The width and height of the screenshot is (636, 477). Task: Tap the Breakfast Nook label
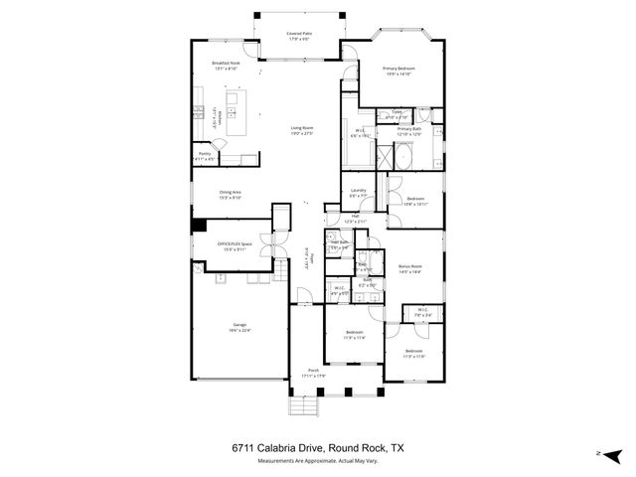[226, 66]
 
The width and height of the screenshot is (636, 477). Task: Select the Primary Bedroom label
[399, 70]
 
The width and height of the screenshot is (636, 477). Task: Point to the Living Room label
[302, 130]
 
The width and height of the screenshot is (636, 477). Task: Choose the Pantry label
[205, 156]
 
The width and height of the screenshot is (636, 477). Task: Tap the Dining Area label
[231, 194]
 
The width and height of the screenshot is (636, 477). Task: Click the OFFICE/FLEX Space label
[235, 245]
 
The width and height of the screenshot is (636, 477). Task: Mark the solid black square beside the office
[199, 226]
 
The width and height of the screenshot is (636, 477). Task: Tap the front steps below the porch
[306, 405]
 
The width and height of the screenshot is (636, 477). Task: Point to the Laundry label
[359, 192]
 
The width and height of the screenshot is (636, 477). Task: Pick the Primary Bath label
[410, 131]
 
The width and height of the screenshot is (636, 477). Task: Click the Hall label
[355, 218]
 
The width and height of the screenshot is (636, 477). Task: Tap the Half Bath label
[338, 243]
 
